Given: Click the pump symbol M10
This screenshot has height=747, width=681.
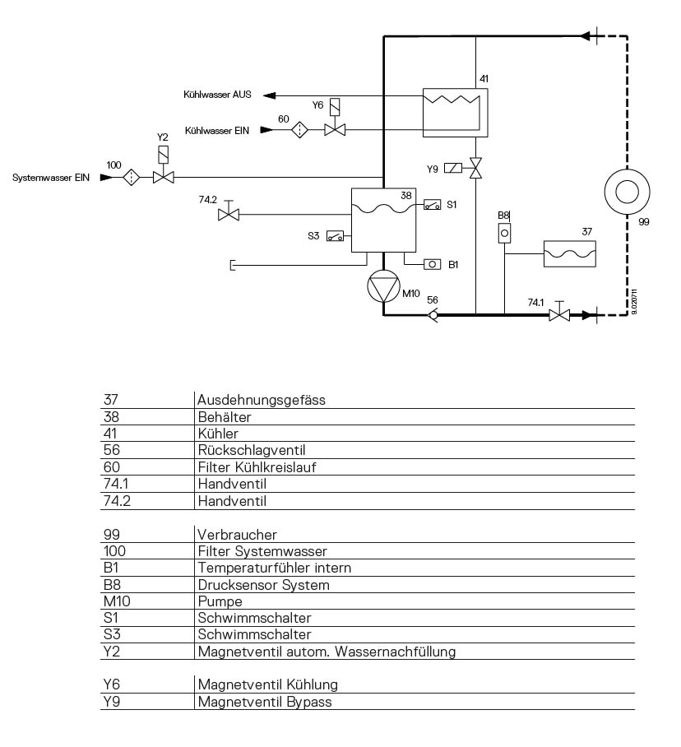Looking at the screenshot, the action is tap(383, 285).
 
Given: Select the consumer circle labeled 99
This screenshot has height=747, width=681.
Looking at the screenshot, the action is tap(628, 192).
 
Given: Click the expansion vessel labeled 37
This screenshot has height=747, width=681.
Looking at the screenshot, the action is tap(570, 253).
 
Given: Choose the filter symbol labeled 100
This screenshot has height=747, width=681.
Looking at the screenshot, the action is tap(131, 178).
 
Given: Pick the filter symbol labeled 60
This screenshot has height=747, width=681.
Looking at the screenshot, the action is tap(299, 130).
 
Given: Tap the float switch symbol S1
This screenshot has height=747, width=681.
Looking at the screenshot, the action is tap(433, 205).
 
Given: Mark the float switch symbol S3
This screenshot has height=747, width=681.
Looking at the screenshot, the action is tap(335, 236).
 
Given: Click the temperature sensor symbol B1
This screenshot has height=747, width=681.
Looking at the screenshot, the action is tap(433, 264).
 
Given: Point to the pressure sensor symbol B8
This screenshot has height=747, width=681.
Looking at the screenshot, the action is tap(505, 234).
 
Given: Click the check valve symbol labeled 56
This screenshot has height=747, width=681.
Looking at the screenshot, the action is tap(433, 314).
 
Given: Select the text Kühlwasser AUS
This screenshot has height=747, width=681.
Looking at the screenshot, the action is tap(217, 95).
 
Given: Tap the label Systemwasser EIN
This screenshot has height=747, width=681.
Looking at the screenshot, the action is tap(51, 178).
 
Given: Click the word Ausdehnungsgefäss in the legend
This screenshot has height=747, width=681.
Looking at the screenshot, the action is tap(262, 400).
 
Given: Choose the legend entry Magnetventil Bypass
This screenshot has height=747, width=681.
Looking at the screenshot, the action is tap(265, 702).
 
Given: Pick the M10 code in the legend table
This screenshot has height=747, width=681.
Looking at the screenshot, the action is tap(117, 601).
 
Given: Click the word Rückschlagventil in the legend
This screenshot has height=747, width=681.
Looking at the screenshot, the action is tap(252, 450).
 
